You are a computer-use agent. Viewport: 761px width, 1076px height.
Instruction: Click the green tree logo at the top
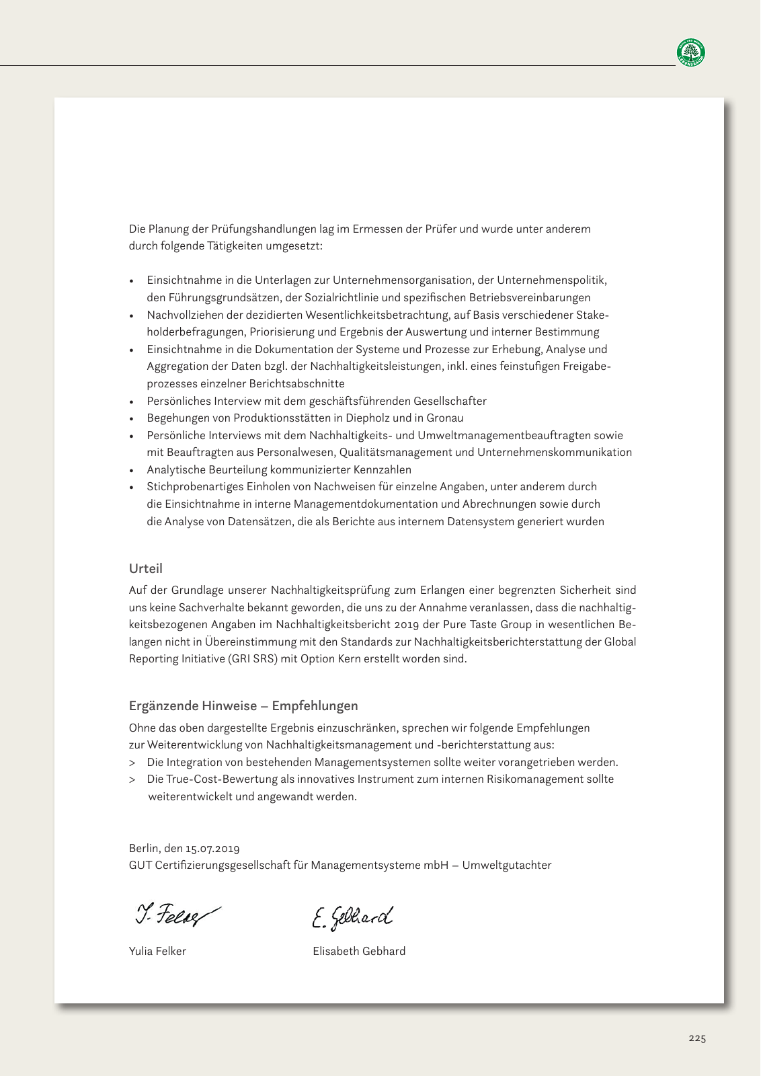pos(690,52)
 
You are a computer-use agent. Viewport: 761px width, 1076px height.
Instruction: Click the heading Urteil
pos(145,568)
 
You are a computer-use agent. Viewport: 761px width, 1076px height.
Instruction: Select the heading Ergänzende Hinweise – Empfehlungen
pos(243,705)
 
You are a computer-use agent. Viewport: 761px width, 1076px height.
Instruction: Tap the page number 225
pos(697,1038)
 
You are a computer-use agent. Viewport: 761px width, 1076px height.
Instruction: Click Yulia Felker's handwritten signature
pos(176,915)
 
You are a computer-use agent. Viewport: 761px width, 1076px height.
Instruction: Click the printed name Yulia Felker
pos(157,951)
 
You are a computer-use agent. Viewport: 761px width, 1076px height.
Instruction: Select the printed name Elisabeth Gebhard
pos(359,951)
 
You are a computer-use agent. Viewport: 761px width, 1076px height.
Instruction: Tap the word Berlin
pos(144,848)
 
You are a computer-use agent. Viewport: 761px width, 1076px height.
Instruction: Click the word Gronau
pos(444,418)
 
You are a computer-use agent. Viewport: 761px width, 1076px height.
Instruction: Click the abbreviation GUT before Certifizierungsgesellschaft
pos(140,866)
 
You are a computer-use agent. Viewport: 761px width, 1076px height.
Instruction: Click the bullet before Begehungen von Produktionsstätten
pos(132,419)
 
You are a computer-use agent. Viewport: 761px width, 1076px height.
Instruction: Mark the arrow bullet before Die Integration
pos(132,763)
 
